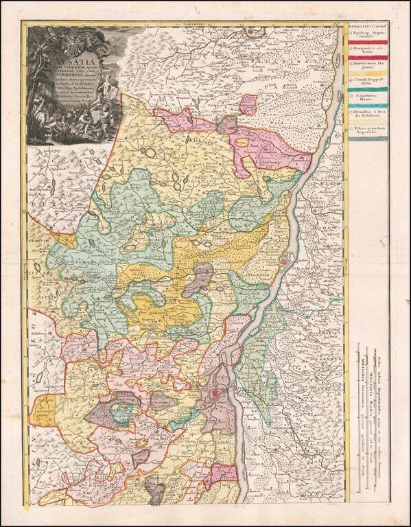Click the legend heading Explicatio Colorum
point(369,25)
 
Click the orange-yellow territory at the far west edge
point(43,412)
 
